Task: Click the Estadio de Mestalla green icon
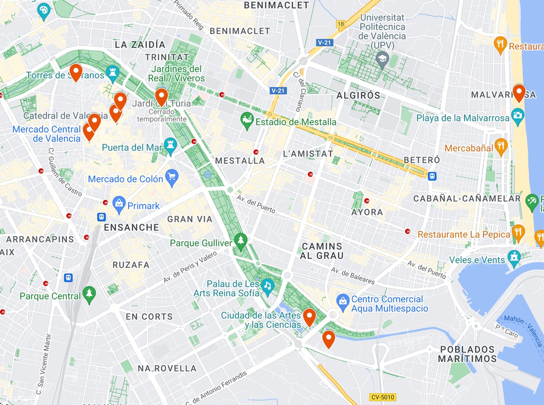point(247,120)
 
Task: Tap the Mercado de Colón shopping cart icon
point(172,178)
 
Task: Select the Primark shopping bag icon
point(118,205)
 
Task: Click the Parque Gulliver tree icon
point(241,241)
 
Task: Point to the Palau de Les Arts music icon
point(267,285)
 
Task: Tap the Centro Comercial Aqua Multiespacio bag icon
point(343,299)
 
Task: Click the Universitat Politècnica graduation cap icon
point(381,59)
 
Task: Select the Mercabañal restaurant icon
point(500,147)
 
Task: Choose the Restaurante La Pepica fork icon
point(518,233)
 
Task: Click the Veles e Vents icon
point(514,258)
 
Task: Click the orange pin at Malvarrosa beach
point(519,92)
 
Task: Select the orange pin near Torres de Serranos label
point(76,72)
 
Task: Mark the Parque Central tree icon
point(89,294)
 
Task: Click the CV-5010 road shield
point(383,397)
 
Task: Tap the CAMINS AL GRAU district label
point(322,251)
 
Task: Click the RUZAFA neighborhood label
point(131,265)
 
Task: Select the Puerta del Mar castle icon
point(170,145)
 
